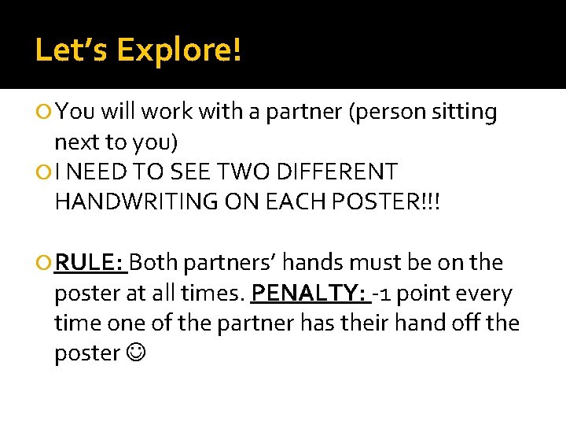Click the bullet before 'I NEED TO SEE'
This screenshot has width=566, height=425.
click(46, 172)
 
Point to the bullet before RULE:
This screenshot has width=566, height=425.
click(46, 263)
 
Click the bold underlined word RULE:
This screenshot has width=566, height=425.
click(90, 262)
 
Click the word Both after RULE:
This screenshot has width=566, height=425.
click(156, 262)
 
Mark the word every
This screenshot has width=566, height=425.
click(482, 293)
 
